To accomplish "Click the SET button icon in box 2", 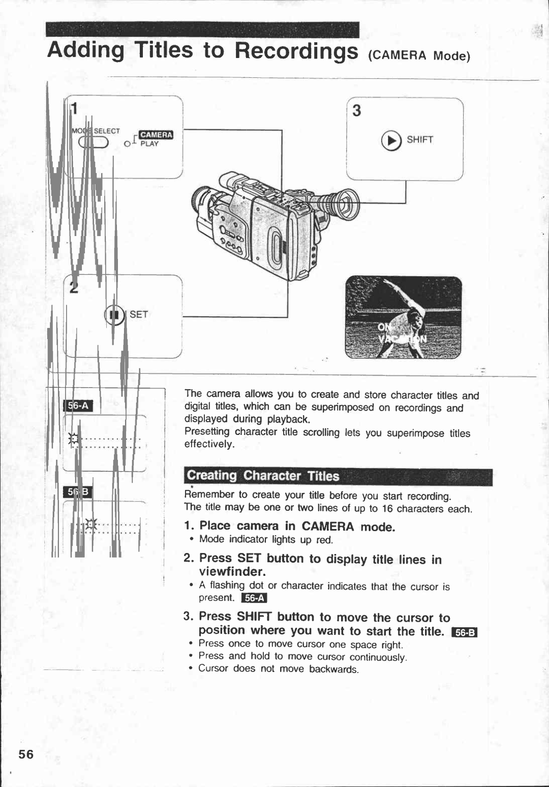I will coord(114,315).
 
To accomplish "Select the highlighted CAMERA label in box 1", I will coord(156,134).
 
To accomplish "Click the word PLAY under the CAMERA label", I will coord(149,144).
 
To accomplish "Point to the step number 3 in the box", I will coord(357,110).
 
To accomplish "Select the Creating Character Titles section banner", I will coord(338,476).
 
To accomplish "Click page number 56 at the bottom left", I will coord(26,754).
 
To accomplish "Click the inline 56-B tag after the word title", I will coord(465,632).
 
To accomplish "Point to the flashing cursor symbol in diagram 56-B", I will coord(91,523).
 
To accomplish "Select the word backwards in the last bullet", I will coord(333,669).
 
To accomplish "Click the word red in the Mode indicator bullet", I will coord(324,540).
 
